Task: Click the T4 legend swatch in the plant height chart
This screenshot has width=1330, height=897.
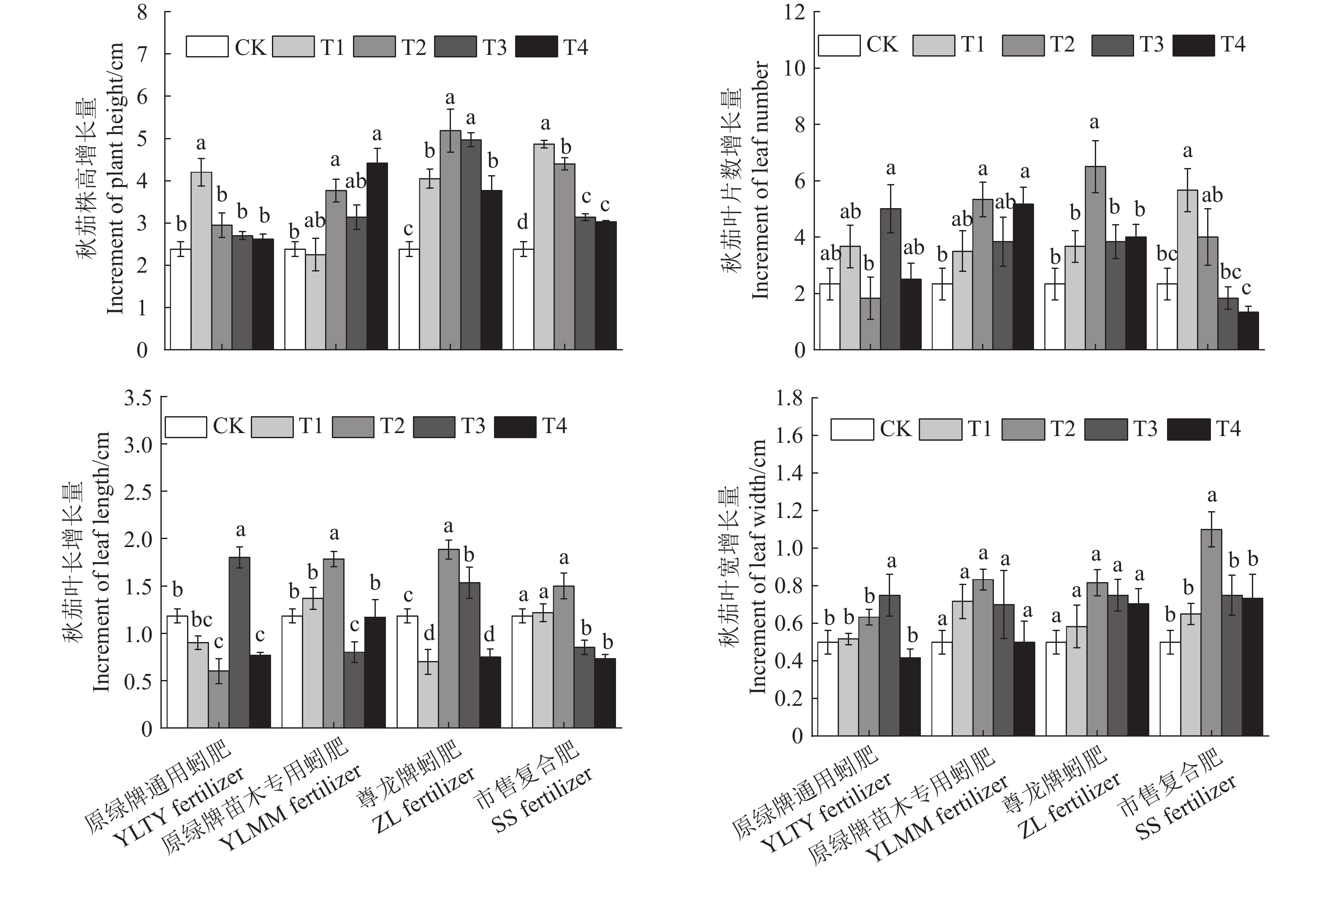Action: tap(536, 47)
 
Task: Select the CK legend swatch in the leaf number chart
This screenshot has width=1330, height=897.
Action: tap(839, 45)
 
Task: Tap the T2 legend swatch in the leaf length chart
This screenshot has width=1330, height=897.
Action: tap(353, 427)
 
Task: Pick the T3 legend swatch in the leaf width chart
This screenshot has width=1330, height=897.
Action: tap(1105, 429)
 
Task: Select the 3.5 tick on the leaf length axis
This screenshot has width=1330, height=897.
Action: tap(138, 398)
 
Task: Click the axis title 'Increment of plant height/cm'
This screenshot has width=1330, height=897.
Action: tap(116, 179)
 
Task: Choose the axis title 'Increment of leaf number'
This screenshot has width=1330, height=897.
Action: tap(760, 181)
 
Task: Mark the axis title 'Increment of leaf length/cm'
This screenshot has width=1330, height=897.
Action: tap(102, 562)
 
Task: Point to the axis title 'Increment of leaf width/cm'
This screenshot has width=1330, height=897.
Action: tap(758, 567)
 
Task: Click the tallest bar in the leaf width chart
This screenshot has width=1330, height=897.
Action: tap(1211, 632)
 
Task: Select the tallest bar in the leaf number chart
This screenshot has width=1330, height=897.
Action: tap(1095, 257)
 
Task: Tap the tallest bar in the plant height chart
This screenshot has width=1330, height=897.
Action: tap(450, 240)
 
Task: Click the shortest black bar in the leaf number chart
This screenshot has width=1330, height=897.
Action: tap(1248, 331)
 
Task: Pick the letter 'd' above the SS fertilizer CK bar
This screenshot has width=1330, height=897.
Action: tap(522, 222)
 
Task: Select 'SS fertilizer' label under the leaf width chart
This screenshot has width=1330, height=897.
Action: tap(1186, 807)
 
